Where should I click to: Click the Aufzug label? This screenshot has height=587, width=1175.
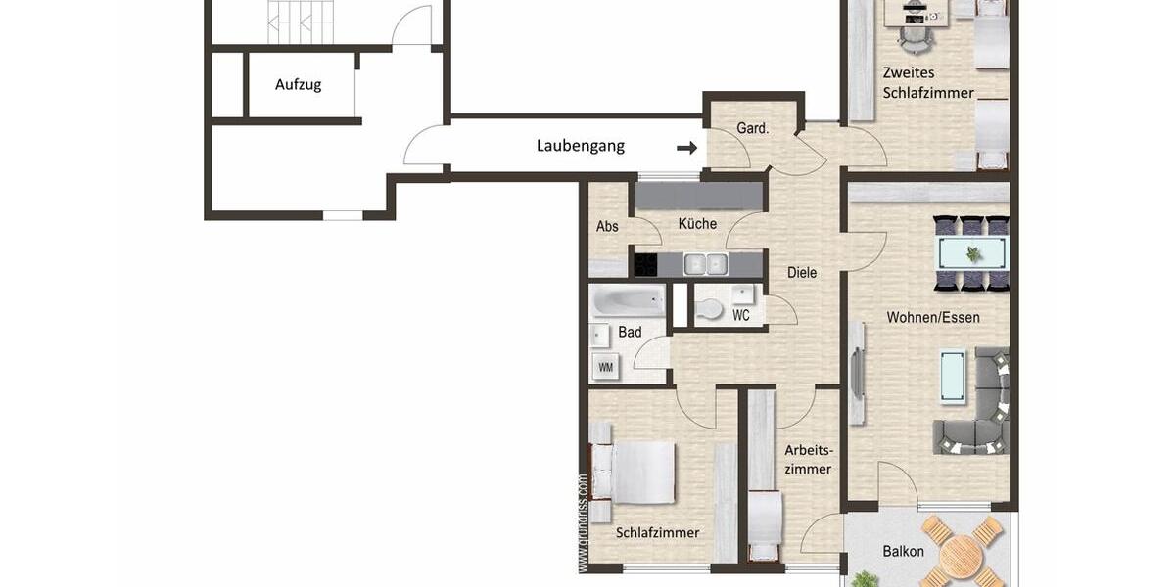298,85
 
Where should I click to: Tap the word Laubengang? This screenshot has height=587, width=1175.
580,146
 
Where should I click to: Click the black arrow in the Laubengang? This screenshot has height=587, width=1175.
687,148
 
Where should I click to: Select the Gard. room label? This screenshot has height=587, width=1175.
752,128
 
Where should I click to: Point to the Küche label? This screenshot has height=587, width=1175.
697,224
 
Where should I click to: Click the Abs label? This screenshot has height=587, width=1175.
607,226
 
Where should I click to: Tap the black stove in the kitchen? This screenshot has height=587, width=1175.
645,264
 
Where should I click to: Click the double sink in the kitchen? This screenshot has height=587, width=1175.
705,264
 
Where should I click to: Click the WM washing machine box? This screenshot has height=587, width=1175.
605,368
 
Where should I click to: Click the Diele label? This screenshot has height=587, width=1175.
802,273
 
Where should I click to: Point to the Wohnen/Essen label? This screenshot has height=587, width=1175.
932,318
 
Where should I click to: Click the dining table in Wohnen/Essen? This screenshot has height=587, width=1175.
971,252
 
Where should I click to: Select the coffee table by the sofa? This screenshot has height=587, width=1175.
952,376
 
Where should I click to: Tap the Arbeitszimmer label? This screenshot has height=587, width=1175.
808,460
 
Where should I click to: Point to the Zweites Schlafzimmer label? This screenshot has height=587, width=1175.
927,83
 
